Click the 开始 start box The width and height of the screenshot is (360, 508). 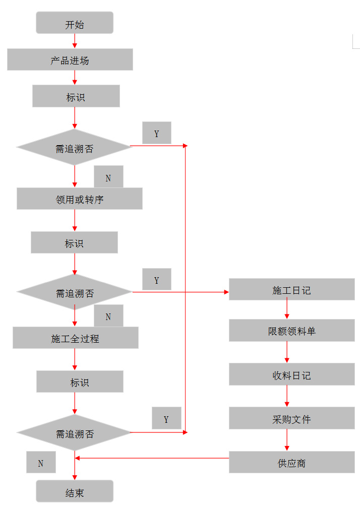click(75, 23)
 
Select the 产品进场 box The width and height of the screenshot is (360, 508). click(70, 59)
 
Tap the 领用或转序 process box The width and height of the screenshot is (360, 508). click(79, 199)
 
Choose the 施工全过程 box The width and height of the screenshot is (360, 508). click(75, 338)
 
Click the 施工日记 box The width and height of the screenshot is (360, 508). click(291, 289)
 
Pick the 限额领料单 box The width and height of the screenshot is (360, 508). click(291, 331)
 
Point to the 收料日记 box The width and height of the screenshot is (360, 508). click(291, 374)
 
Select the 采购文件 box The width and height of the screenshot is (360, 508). click(291, 418)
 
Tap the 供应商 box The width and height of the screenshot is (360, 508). click(291, 462)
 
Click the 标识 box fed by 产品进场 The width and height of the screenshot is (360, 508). click(76, 96)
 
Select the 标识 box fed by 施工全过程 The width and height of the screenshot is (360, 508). click(80, 382)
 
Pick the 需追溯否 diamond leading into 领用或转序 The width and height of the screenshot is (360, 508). click(74, 147)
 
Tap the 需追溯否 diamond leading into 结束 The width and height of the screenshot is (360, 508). click(74, 432)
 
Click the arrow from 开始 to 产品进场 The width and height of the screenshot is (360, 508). click(75, 41)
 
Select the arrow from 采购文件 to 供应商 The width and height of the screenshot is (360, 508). click(287, 440)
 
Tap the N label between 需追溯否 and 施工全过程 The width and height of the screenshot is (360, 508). click(108, 316)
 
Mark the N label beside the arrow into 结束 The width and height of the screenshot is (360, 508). click(41, 462)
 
